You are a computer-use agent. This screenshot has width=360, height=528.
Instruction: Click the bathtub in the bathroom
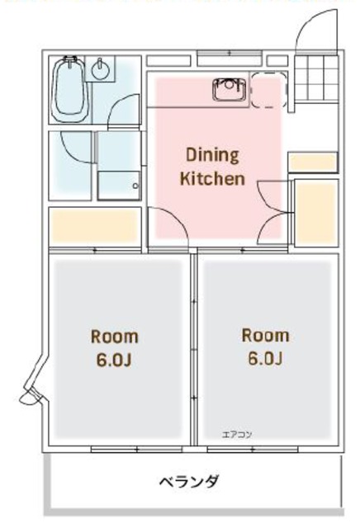tap(70, 90)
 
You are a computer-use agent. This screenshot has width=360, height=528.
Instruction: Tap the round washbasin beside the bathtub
tap(100, 69)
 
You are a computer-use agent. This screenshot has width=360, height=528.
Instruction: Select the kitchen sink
tap(230, 88)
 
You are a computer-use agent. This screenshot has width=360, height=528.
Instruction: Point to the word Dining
tap(212, 155)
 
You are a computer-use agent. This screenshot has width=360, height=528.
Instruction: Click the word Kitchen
tap(212, 178)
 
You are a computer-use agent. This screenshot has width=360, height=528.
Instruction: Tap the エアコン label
tap(237, 435)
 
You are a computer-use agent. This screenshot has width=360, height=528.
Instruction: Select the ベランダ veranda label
tap(189, 482)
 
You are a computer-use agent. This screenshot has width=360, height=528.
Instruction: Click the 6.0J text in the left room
tap(114, 360)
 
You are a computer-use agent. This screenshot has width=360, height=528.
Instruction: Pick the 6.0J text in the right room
tap(265, 359)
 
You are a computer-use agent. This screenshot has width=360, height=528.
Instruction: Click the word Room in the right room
tap(265, 336)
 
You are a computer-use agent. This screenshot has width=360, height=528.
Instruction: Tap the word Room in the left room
tap(115, 337)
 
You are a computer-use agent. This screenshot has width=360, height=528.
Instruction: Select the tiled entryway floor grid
tap(316, 78)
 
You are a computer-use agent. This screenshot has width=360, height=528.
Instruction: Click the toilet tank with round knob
tap(119, 186)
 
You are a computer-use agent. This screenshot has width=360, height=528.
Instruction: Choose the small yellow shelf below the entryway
tap(312, 163)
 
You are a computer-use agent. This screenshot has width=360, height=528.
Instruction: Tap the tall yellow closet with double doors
tap(316, 213)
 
